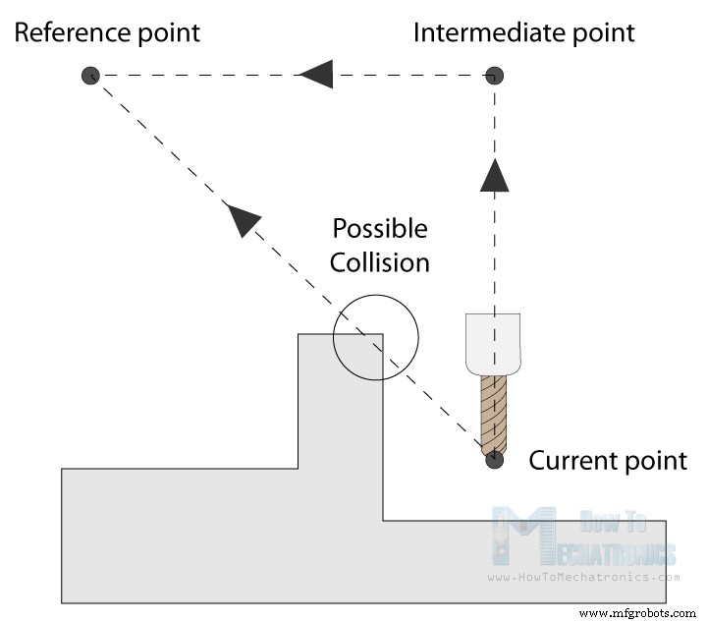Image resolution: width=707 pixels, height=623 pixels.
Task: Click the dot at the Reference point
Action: tap(90, 75)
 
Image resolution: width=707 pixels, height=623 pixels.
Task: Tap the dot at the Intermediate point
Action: tap(496, 75)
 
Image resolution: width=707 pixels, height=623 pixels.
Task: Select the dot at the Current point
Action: tap(496, 459)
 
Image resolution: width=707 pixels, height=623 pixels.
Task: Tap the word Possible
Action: tap(380, 230)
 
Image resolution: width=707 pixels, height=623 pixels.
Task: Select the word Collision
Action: tap(379, 262)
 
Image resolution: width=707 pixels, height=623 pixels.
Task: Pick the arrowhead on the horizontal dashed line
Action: tap(316, 73)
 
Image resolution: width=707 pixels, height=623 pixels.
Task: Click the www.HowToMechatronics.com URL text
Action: tap(583, 578)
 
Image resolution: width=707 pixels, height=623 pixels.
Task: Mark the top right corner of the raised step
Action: tap(382, 335)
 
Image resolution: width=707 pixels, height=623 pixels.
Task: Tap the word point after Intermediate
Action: tap(603, 32)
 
